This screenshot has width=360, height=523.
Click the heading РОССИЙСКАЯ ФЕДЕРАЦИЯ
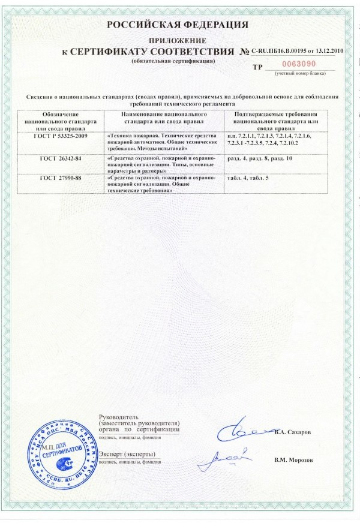(x=178, y=25)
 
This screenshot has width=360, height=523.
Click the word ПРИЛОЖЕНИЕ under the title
(x=178, y=40)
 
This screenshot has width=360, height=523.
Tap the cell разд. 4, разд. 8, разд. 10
(x=260, y=158)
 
